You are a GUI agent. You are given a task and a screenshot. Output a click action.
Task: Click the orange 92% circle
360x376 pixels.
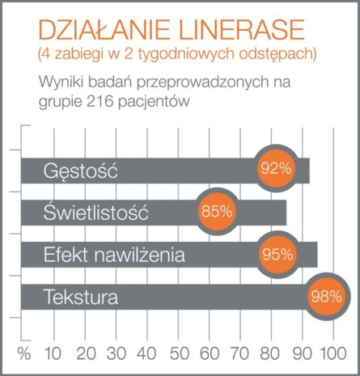(x=276, y=170)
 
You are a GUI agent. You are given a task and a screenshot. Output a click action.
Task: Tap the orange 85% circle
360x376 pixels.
(x=217, y=212)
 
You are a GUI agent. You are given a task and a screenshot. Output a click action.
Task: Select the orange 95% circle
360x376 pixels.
(x=277, y=254)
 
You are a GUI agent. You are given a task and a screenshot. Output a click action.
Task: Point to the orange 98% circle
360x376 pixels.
(x=324, y=296)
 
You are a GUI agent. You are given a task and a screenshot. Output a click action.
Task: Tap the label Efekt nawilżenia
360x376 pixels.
(x=114, y=256)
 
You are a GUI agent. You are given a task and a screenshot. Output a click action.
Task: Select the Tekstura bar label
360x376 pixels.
(x=81, y=298)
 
